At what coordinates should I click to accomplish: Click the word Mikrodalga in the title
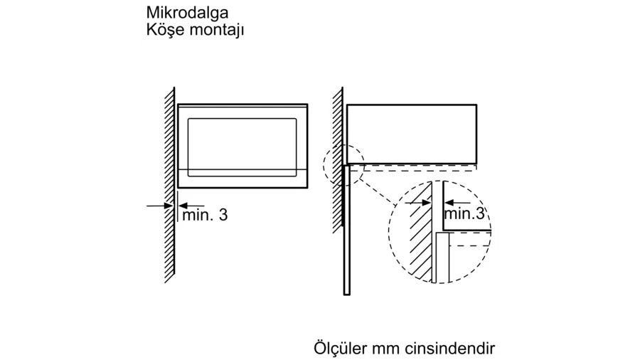coord(187,13)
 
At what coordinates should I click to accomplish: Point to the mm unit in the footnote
coord(385,349)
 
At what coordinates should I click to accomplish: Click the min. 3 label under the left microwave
coord(205,215)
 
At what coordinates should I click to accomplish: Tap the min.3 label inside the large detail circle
coord(464,213)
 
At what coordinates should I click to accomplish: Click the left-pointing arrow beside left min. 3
coord(191,206)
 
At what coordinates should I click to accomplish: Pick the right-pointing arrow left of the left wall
coord(160,206)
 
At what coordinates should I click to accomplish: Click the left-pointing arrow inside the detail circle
coord(457,202)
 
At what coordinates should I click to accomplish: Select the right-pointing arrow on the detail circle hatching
coord(418,202)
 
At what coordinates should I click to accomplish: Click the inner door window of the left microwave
coord(242,147)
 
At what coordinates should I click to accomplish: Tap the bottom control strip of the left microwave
coord(242,179)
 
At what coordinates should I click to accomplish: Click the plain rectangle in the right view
coord(412,134)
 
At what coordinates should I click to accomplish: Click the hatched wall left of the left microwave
coord(170,185)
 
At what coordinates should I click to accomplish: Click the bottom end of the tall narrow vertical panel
coord(347,294)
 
